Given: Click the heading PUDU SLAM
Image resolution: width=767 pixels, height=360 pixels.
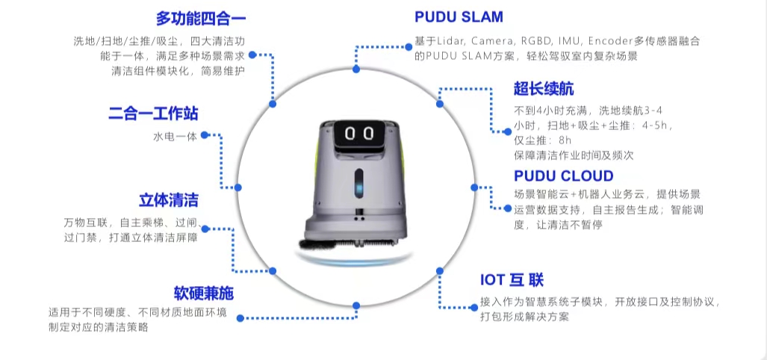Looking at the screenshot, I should [459, 16].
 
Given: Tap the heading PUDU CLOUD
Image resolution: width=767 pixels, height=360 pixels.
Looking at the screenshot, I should [564, 176].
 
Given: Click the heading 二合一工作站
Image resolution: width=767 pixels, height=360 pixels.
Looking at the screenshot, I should [153, 114].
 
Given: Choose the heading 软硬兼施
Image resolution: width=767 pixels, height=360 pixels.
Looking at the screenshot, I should [199, 292].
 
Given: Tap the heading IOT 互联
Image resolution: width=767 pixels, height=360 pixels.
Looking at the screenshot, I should [512, 281].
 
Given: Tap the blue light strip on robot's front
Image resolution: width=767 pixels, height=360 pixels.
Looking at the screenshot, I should [358, 182].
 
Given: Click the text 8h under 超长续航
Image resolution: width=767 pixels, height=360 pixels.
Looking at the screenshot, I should [564, 140].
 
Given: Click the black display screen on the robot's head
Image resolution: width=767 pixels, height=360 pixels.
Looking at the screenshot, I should [361, 134].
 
